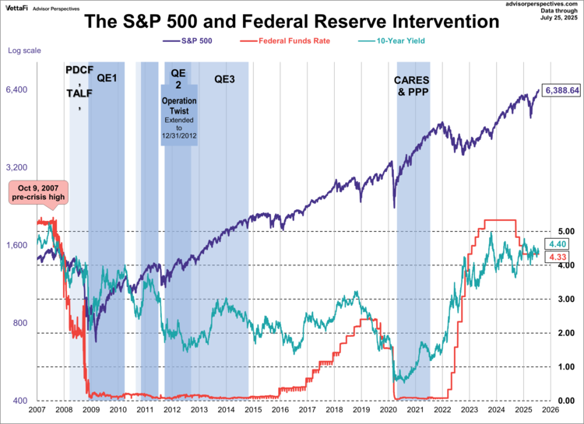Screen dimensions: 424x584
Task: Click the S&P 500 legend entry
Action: (193, 40)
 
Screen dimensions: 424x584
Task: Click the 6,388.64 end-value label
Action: (562, 90)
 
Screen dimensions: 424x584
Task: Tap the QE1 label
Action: (107, 79)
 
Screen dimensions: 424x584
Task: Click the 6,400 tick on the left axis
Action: (17, 90)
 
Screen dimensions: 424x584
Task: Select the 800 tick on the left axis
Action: (19, 324)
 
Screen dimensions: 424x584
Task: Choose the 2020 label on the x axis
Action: (388, 409)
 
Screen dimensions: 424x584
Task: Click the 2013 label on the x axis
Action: (199, 409)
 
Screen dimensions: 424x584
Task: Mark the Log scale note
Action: (23, 51)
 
